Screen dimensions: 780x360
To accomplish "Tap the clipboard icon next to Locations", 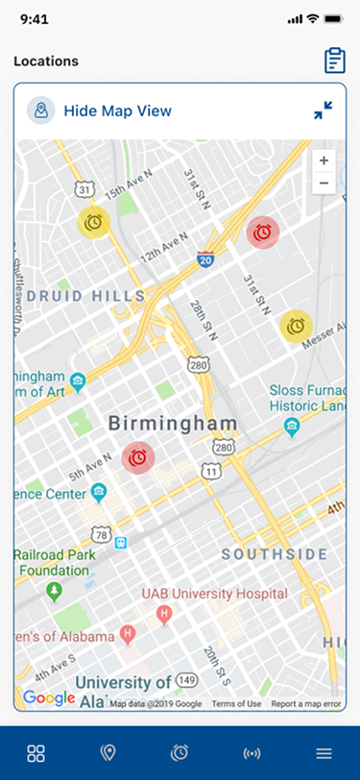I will (x=335, y=60).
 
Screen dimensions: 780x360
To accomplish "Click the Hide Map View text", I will (x=117, y=110).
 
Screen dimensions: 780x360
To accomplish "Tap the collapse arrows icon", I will (x=323, y=110).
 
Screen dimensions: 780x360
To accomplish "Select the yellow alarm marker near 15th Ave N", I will (x=93, y=222).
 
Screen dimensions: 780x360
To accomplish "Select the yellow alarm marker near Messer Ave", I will (x=296, y=326).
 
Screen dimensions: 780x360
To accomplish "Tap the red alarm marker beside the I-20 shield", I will (x=262, y=232).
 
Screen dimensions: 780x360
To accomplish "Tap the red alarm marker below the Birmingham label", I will (x=138, y=458).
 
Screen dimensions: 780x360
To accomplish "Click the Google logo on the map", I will (x=49, y=697).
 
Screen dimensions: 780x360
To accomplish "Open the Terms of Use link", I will (x=236, y=704).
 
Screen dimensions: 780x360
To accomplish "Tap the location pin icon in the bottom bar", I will (x=108, y=753).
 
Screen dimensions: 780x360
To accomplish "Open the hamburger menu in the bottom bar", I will (x=324, y=753).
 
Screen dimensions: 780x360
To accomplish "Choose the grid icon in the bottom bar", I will (x=36, y=753).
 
